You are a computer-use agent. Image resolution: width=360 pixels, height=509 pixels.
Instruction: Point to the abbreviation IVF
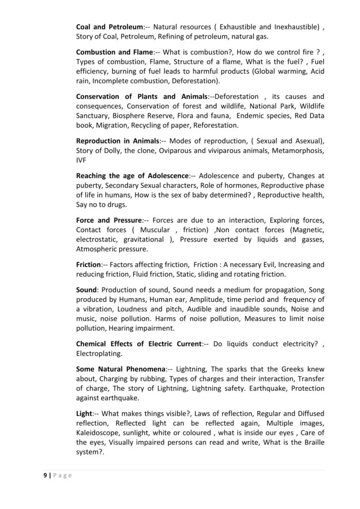coord(82,161)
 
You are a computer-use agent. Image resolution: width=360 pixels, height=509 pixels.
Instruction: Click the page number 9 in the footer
coord(44,475)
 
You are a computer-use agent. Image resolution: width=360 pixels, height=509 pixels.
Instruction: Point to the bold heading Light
coord(84,413)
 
